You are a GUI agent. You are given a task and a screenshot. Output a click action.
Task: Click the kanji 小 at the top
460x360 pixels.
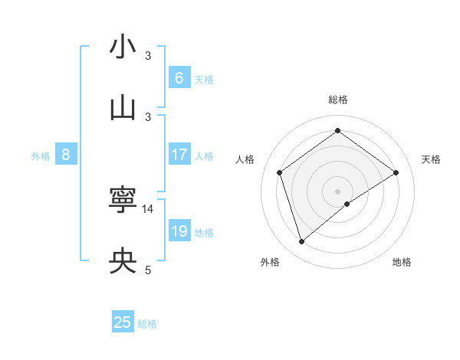coord(123,47)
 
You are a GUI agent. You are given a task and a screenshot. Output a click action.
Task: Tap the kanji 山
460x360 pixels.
coord(123,109)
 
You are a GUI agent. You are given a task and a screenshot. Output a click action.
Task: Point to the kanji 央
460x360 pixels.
coord(123,262)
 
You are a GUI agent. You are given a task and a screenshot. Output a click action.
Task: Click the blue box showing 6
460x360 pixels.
coord(179,77)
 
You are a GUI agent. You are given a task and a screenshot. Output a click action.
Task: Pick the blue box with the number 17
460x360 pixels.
coord(179,155)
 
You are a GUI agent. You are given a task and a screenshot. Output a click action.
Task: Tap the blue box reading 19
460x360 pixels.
coord(179,231)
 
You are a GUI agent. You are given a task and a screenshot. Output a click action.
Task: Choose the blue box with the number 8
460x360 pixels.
coord(66,155)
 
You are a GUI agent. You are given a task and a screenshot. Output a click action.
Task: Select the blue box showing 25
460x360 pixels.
coord(123,322)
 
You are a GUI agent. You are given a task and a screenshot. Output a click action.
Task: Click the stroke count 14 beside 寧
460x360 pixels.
coord(149,208)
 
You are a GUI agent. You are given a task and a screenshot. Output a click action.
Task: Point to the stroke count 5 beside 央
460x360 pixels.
coord(149,270)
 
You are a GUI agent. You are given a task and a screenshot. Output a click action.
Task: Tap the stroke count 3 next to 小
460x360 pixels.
coord(149,55)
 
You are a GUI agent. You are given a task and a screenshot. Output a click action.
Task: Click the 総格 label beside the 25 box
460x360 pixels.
coord(147,324)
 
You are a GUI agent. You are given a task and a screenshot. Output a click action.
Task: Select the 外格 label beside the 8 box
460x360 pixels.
coord(41,156)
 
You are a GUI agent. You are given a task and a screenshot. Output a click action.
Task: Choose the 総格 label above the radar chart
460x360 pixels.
coord(338,100)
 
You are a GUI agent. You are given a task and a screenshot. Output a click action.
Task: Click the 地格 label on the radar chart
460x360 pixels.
coord(402,263)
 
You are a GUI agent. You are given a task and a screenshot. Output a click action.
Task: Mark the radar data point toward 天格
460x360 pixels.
coord(396,172)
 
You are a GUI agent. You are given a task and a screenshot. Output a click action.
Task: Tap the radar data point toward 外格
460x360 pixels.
coord(302,242)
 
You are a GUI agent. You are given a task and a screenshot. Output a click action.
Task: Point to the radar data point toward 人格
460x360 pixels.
coord(280,172)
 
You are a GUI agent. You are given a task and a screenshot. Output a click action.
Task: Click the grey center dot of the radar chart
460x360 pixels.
coord(338,191)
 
